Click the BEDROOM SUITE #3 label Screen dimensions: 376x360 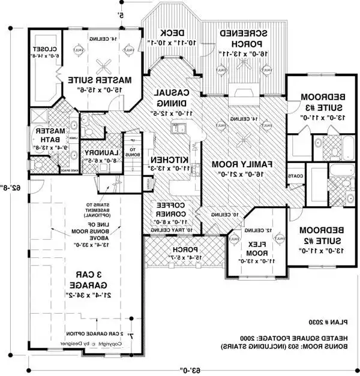[x=314, y=103]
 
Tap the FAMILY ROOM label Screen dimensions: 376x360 [x=241, y=164]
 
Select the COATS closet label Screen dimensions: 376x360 [x=295, y=176]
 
